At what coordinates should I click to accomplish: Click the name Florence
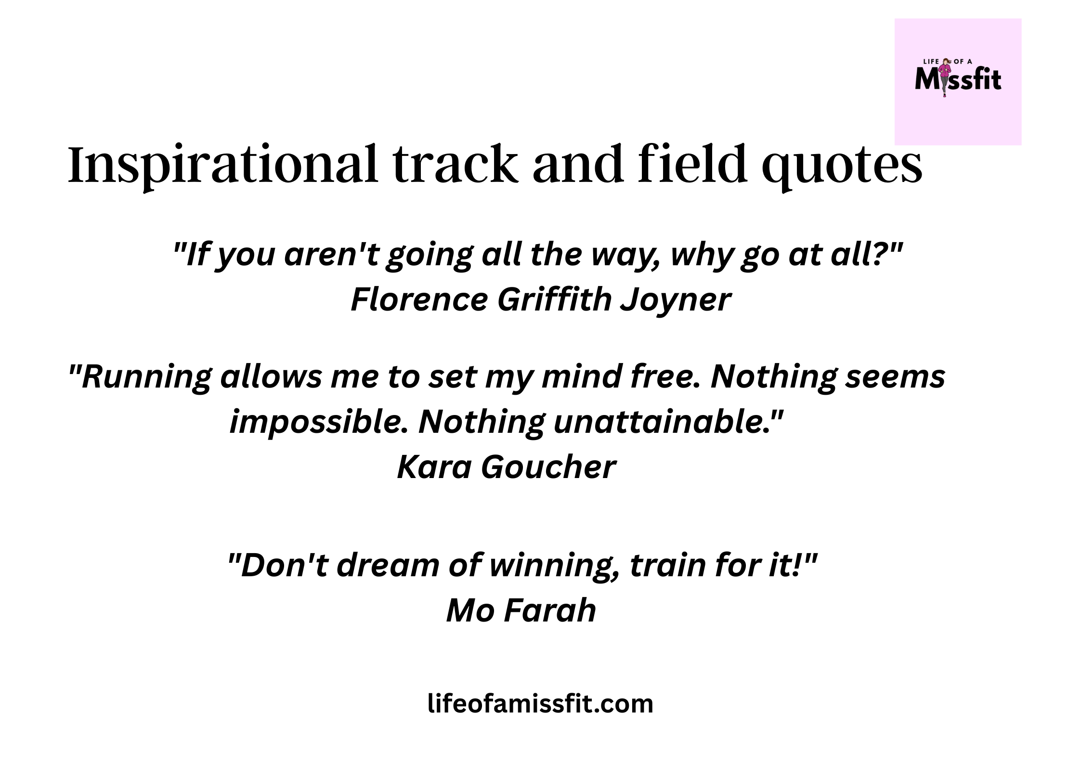[x=418, y=299]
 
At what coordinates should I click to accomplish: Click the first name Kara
[x=433, y=467]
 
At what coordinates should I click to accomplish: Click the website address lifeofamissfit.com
[x=540, y=704]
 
